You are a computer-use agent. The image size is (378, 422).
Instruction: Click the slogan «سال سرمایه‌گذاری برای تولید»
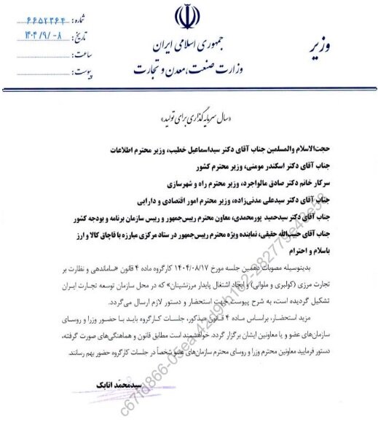pyautogui.click(x=191, y=117)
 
